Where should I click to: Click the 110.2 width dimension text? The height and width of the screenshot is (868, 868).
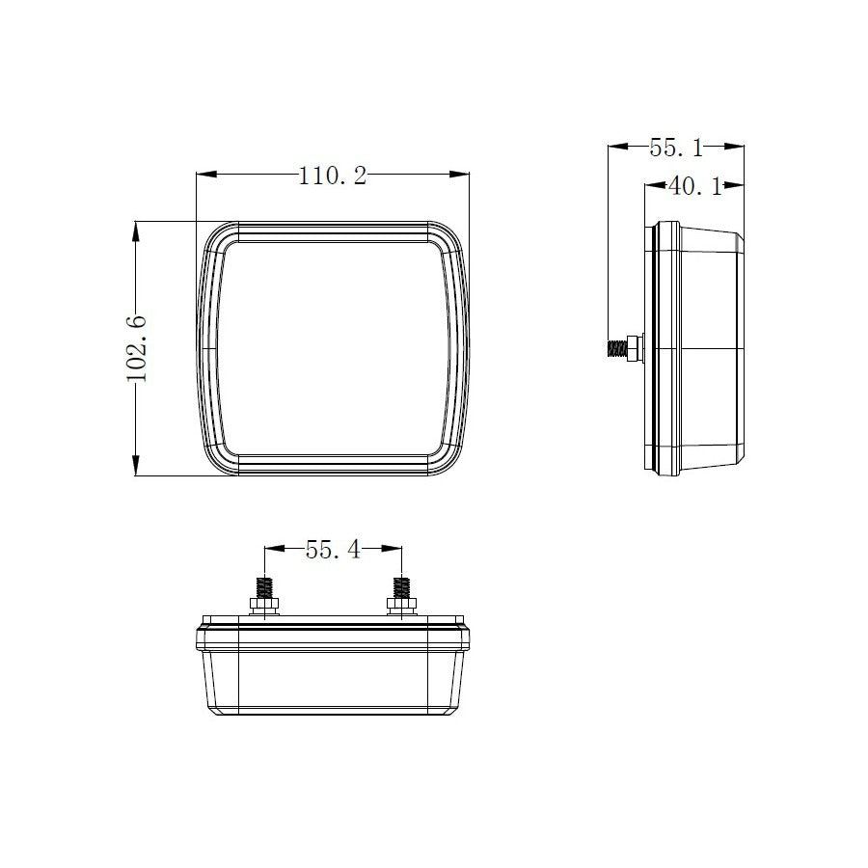point(333,176)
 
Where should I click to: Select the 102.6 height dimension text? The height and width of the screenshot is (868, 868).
point(138,348)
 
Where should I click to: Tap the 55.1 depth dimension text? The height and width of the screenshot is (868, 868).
point(675,148)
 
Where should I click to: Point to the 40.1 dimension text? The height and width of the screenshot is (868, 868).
point(695,186)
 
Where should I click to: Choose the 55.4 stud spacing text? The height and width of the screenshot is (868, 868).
point(333,550)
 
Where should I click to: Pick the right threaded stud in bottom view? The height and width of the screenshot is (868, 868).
point(400,586)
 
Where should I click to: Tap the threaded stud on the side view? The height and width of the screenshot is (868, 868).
point(615,347)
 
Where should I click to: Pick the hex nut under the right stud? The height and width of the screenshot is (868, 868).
point(400,605)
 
